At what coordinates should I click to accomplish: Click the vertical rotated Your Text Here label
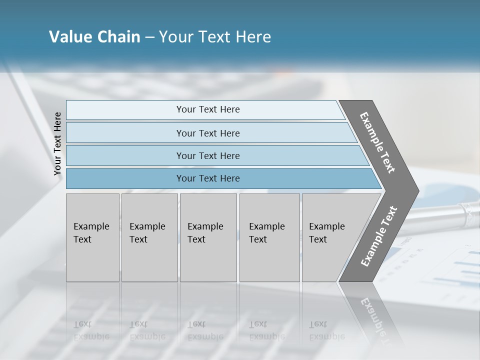click(57, 143)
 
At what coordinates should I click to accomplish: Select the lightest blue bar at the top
click(207, 109)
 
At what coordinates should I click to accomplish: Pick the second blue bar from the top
click(207, 133)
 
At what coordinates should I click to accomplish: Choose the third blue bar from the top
click(207, 155)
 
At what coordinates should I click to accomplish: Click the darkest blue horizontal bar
click(207, 178)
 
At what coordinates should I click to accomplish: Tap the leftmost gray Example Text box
click(92, 237)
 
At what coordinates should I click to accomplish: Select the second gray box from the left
click(149, 237)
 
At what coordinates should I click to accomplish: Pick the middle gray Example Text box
click(208, 237)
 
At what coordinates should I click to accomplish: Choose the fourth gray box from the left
click(269, 237)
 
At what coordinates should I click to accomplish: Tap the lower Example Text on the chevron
click(379, 236)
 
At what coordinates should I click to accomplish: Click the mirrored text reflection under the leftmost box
click(91, 330)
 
